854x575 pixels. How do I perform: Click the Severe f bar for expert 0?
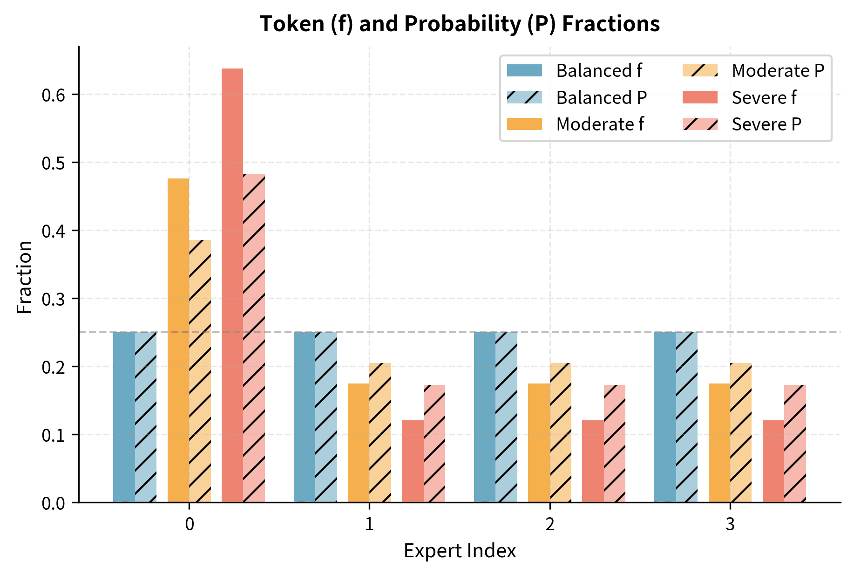pos(232,285)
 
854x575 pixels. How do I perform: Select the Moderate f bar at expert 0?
pos(178,340)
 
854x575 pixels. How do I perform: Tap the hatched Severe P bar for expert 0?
pos(254,338)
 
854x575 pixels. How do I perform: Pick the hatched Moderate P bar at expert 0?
pos(200,371)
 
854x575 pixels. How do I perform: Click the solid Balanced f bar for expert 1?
pos(305,417)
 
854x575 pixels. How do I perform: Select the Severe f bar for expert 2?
pos(593,461)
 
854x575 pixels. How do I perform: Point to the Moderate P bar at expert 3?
pos(741,432)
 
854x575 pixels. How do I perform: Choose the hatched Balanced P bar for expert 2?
pos(506,417)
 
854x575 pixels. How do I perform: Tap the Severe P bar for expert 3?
pos(795,443)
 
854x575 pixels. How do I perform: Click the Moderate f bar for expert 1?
pos(359,443)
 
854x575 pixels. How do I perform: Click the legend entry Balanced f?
pos(598,71)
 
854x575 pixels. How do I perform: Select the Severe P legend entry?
pos(766,124)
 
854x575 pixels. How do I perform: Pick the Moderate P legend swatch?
pos(700,71)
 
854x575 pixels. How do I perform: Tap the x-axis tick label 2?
pos(549,525)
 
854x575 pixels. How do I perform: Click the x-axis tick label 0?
pos(189,525)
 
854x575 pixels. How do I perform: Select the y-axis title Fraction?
pos(24,277)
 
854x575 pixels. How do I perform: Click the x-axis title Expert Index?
pos(460,551)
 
